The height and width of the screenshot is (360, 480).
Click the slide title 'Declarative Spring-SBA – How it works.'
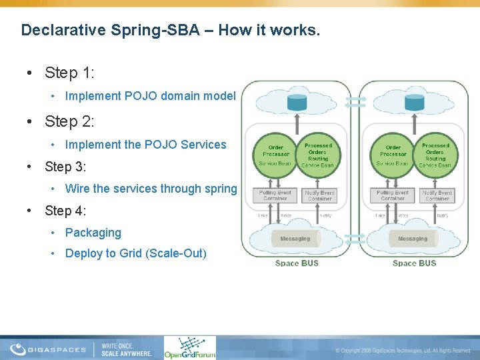(x=171, y=30)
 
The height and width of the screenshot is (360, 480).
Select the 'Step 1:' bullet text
(x=69, y=72)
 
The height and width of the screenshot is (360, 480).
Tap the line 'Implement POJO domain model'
(x=150, y=96)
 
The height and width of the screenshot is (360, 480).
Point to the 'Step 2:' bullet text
(x=69, y=121)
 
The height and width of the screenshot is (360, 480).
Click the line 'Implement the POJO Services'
(x=145, y=145)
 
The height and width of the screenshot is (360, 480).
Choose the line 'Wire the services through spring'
(x=151, y=189)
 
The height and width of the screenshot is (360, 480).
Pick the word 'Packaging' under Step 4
(x=93, y=233)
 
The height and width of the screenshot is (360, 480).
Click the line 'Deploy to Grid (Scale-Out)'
(x=135, y=253)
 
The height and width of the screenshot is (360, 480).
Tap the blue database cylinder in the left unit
(x=297, y=103)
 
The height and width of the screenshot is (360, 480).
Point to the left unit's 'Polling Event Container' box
(x=275, y=195)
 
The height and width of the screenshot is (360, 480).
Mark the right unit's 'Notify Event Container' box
(x=437, y=195)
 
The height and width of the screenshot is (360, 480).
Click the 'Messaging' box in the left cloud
(x=295, y=238)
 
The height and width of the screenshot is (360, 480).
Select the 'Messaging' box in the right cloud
(x=413, y=238)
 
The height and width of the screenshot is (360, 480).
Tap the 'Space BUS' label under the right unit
(x=414, y=263)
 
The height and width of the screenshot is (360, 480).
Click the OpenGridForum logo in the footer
(x=190, y=347)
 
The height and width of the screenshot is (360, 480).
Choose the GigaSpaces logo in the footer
(x=48, y=349)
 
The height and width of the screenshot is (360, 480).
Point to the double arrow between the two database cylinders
(x=357, y=101)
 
